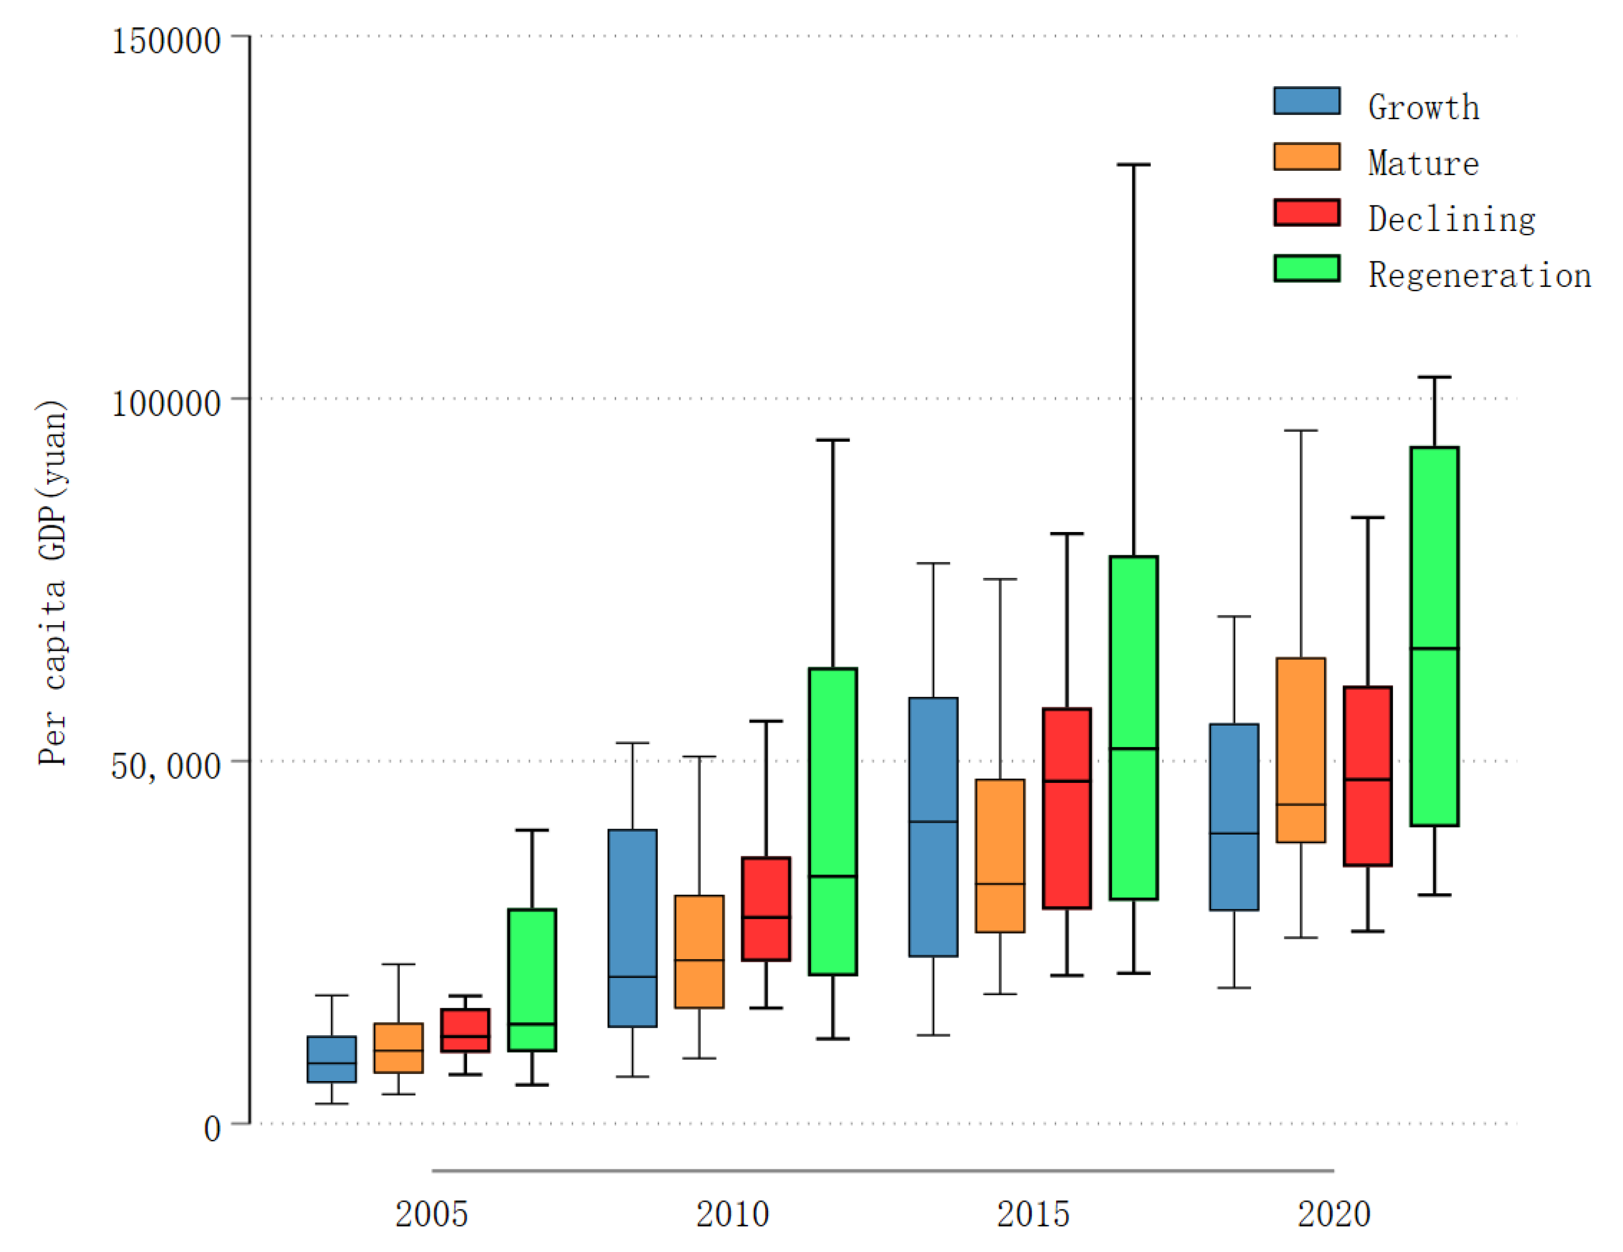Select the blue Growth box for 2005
tap(331, 1059)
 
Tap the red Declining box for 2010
tap(766, 908)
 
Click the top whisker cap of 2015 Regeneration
tap(1133, 164)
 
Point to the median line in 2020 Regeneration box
tap(1434, 648)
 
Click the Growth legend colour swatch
tap(1306, 100)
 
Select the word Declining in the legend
tap(1451, 219)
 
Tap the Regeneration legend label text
tap(1479, 275)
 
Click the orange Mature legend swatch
tap(1306, 156)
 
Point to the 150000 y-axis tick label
tap(166, 40)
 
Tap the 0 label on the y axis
tap(212, 1128)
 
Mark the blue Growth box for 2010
tap(633, 928)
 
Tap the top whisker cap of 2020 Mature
tap(1300, 430)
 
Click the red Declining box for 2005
tap(465, 1030)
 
